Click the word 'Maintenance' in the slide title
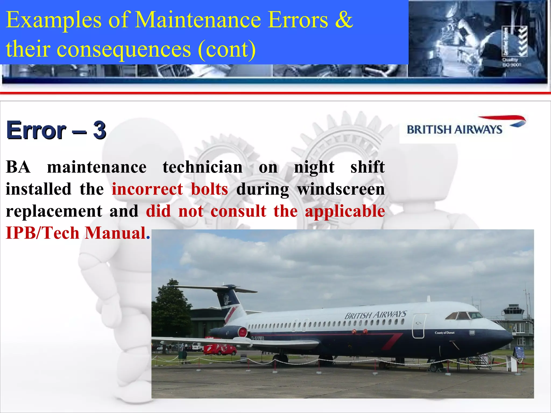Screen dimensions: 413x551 [197, 20]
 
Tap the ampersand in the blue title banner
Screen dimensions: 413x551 [344, 20]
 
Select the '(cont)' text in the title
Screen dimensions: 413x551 [227, 49]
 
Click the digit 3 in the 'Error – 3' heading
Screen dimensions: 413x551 [100, 130]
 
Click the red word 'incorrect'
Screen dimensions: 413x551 [147, 189]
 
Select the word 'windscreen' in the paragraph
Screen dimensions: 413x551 [341, 189]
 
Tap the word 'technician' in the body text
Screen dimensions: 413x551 [202, 167]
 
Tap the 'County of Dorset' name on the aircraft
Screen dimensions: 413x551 [444, 333]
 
